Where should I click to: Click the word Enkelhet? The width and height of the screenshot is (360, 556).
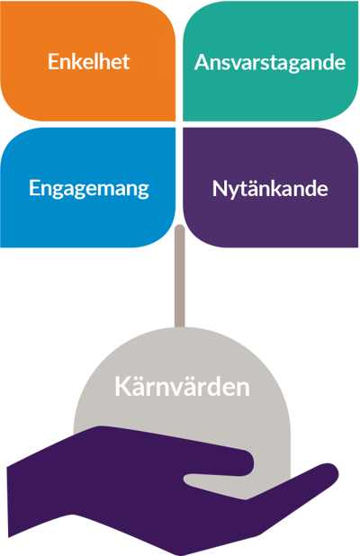[89, 61]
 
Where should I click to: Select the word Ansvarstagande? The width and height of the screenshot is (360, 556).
[270, 63]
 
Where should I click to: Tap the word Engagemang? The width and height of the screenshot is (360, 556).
[89, 188]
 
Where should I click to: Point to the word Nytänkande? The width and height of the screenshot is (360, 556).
[270, 189]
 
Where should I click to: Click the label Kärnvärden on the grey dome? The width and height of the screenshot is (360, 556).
[182, 386]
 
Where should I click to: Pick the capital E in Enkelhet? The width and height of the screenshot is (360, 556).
[53, 61]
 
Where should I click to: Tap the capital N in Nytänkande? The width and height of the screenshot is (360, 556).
[219, 188]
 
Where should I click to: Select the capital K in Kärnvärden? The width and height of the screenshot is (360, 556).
[121, 387]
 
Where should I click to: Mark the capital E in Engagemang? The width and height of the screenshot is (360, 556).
[34, 187]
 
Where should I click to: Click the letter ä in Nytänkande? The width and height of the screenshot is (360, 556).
[250, 189]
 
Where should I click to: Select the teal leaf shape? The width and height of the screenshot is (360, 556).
[271, 61]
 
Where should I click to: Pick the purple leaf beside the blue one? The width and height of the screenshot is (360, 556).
[271, 187]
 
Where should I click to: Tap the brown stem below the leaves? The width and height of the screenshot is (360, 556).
[180, 276]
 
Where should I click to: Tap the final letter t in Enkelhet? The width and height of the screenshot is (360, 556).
[126, 62]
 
